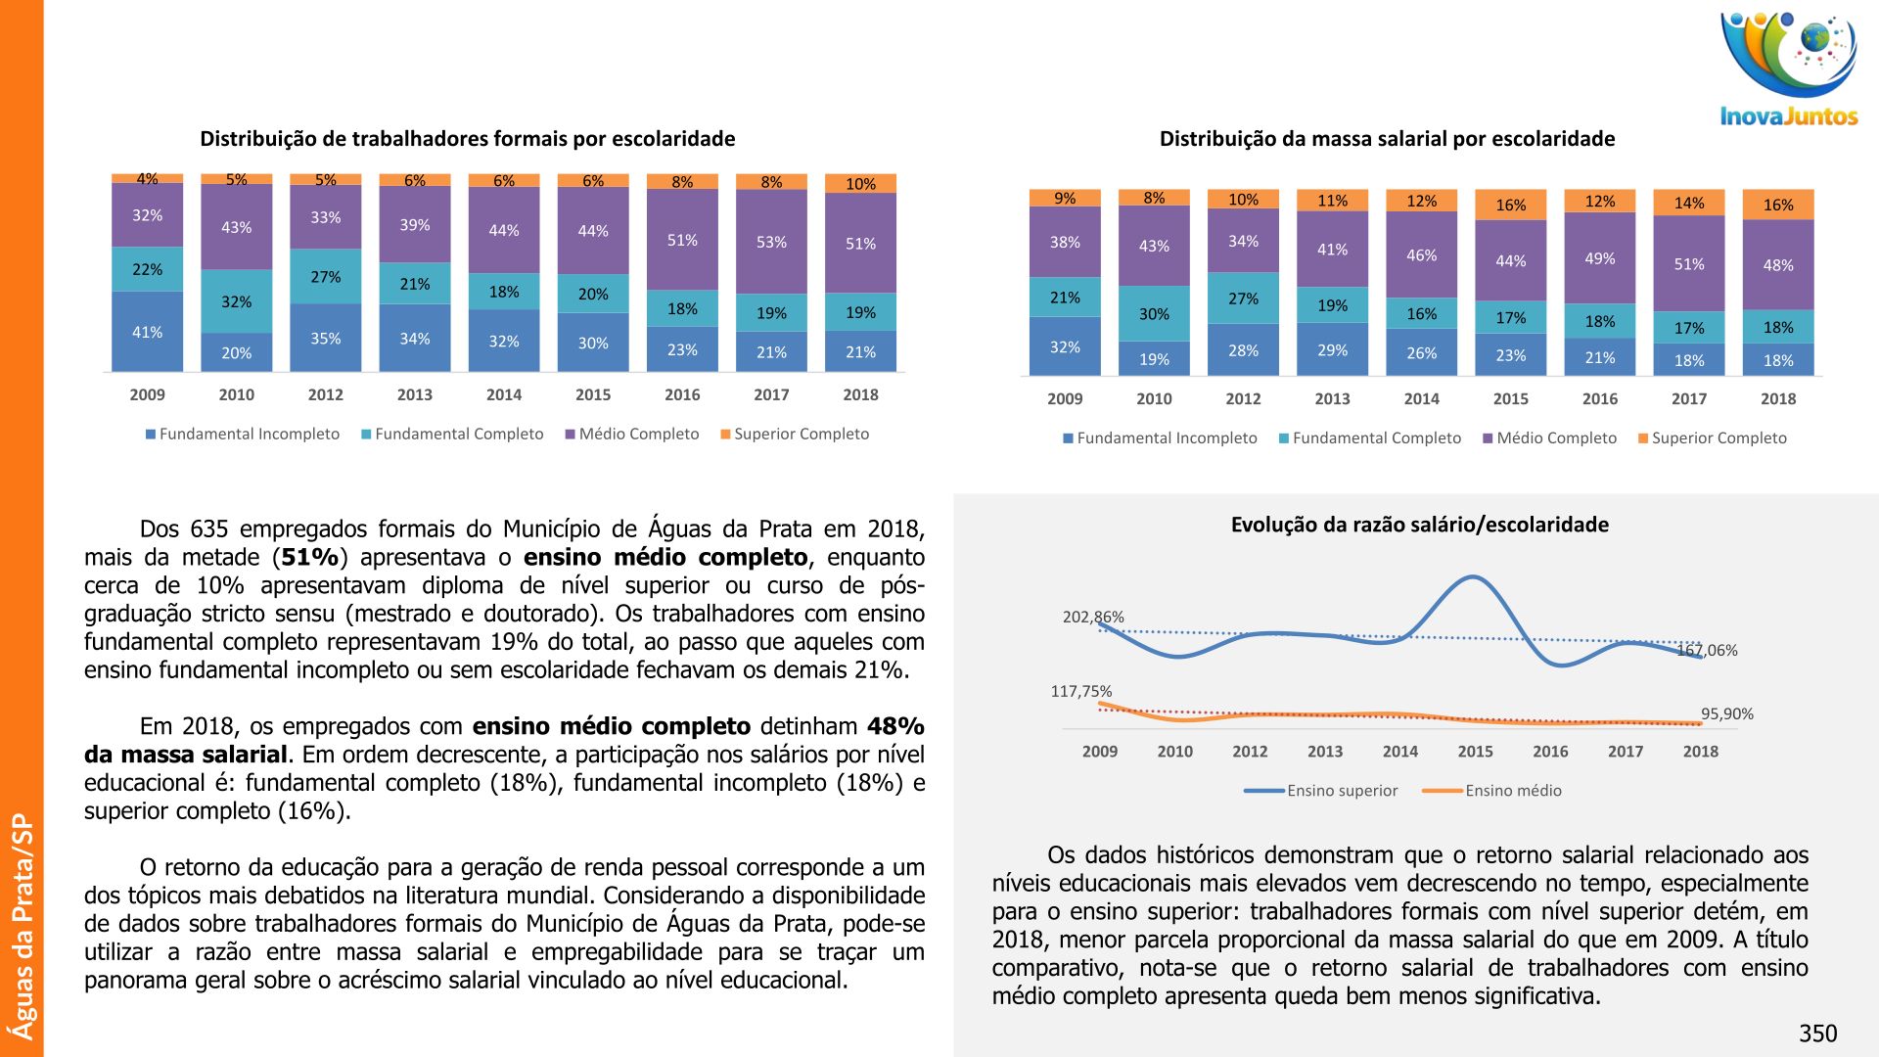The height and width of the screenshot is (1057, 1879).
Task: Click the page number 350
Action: pos(1817,1034)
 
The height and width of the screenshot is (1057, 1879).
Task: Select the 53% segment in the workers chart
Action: pos(771,242)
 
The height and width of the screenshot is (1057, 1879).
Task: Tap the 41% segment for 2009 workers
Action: pos(147,332)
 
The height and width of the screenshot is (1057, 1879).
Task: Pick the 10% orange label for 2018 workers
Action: pos(860,184)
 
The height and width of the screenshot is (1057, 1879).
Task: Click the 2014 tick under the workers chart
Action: pos(503,394)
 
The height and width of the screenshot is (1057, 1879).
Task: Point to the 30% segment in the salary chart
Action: pos(1154,314)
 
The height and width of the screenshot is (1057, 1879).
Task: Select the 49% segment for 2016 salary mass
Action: pos(1599,258)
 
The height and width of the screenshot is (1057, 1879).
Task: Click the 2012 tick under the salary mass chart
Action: pos(1243,398)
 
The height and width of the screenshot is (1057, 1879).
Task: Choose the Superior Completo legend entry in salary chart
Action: pos(1719,438)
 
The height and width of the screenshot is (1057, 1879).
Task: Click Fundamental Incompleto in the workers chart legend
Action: pos(249,434)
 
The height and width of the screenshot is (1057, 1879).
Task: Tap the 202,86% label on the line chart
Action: pos(1093,617)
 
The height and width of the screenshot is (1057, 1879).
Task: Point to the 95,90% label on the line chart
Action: pos(1726,713)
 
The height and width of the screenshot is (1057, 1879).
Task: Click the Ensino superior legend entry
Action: pos(1342,791)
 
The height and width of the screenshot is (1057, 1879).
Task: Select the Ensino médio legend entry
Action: pos(1513,791)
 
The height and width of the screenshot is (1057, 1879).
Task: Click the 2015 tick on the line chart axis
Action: pos(1475,752)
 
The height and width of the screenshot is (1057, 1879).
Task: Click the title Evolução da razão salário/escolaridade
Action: pos(1419,525)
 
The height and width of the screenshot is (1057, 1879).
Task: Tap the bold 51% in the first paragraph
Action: pos(310,558)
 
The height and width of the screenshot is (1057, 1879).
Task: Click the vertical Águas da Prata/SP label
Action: pos(22,926)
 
